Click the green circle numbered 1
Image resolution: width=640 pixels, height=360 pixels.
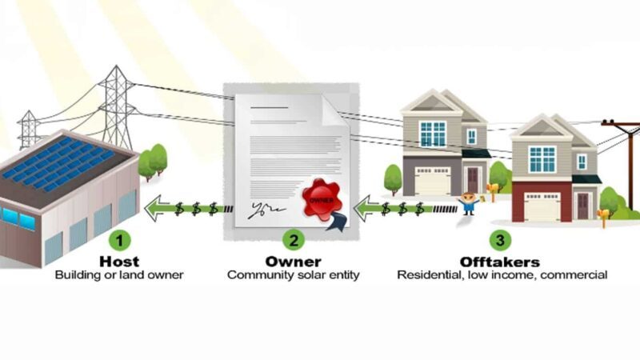tap(119, 239)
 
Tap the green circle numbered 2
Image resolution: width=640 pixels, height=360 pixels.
tap(294, 239)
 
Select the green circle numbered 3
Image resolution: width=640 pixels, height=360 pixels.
tap(500, 239)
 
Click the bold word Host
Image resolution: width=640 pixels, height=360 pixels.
tap(119, 262)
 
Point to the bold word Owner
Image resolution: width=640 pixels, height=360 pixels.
tap(294, 262)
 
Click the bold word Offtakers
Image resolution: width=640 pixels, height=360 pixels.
tap(500, 262)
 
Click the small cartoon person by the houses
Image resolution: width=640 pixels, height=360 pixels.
tap(468, 202)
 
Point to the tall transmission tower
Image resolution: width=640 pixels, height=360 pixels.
tap(117, 104)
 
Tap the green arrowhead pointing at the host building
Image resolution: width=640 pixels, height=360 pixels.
tap(154, 210)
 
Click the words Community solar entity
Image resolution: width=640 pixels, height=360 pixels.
tap(294, 275)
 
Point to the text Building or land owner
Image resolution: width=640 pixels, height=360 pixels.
tap(119, 275)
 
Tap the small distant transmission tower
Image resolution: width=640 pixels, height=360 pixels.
tap(29, 128)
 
